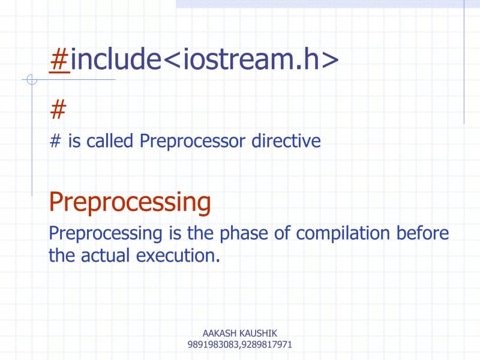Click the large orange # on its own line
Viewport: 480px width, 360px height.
point(58,110)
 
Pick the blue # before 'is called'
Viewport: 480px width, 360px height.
point(55,141)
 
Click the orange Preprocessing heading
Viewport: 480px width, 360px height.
point(130,203)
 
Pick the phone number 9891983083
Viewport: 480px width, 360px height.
point(213,345)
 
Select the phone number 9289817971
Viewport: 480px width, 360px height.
point(266,345)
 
